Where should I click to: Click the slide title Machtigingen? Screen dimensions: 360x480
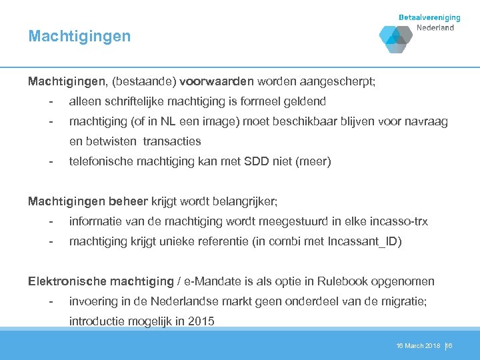[x=79, y=36]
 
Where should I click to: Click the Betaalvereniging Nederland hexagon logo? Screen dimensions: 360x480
[x=396, y=38]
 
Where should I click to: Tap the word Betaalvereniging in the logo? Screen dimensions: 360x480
[x=429, y=18]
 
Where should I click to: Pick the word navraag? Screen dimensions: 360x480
[x=425, y=121]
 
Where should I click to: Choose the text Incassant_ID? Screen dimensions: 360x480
[x=364, y=241]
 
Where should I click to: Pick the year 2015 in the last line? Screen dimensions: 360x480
[x=201, y=321]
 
